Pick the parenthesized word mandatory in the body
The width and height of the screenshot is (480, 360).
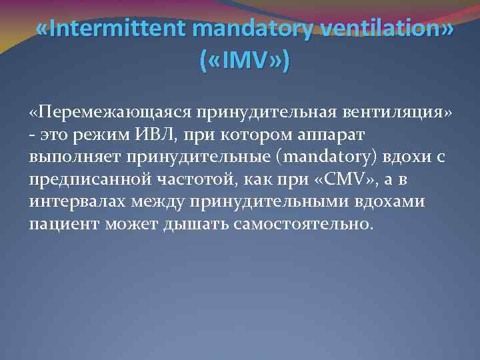tap(311, 158)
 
